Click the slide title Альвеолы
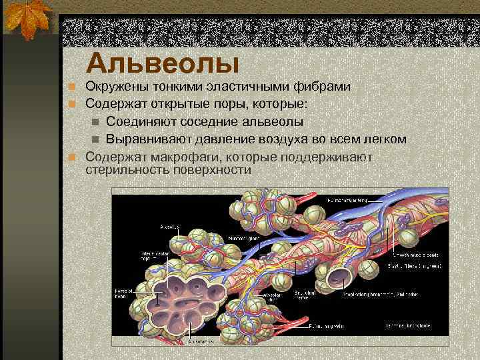click(163, 64)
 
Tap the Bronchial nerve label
click(305, 295)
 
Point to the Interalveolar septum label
click(151, 257)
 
